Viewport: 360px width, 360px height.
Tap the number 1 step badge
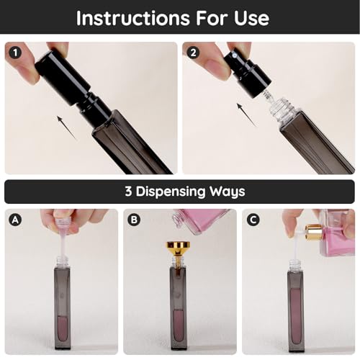click(x=14, y=51)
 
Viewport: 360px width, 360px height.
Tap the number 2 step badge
click(x=192, y=51)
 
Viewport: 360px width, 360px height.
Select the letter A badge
click(x=14, y=218)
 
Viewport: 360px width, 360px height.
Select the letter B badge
click(x=134, y=218)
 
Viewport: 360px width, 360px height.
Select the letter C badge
click(x=253, y=218)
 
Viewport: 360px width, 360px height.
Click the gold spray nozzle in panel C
click(x=315, y=233)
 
